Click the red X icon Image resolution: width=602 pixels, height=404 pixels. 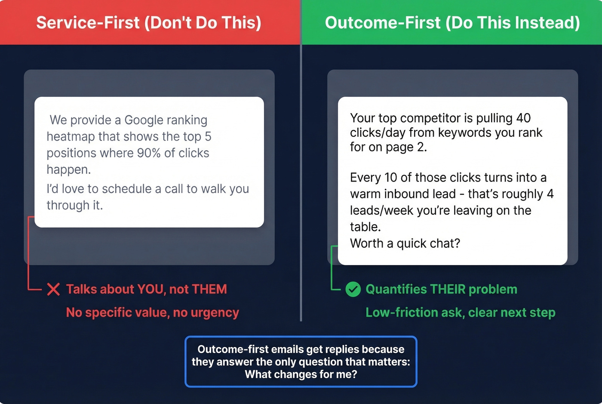point(53,289)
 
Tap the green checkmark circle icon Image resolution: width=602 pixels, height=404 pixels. point(353,289)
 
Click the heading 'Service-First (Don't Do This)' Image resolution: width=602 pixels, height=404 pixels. point(149,22)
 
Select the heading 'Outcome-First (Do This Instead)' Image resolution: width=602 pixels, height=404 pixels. point(452,22)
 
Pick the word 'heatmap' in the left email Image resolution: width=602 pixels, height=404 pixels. point(71,137)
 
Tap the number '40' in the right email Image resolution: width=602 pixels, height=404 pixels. point(523,118)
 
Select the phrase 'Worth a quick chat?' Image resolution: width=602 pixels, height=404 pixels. point(405,244)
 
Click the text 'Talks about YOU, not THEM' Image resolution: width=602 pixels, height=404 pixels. point(146,289)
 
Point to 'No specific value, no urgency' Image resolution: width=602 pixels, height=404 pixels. point(152,312)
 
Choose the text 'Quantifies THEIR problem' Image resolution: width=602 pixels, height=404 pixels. point(441,289)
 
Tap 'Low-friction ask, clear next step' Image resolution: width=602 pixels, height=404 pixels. point(460,312)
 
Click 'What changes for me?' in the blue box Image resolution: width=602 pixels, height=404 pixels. point(301,374)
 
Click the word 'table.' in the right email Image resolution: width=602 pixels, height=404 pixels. point(365,227)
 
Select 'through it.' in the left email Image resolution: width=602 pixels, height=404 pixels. point(74,205)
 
